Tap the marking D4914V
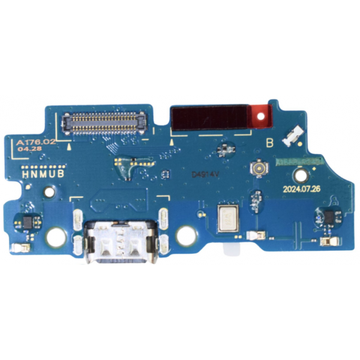click(x=203, y=175)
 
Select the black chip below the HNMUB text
click(x=27, y=223)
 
